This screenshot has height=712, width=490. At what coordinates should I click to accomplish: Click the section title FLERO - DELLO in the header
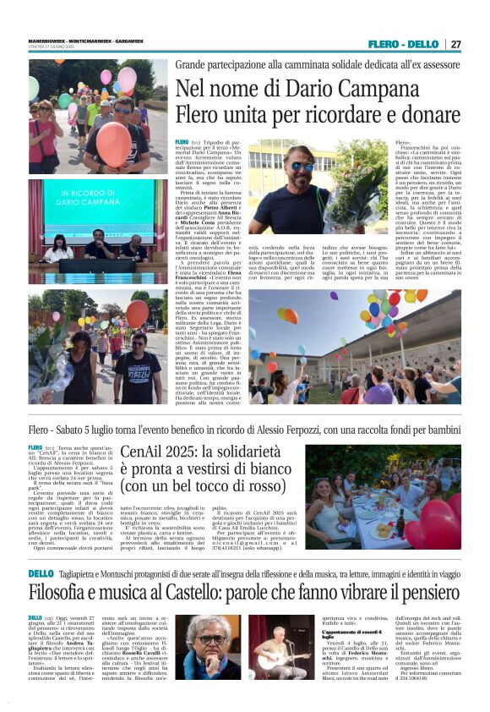click(x=403, y=44)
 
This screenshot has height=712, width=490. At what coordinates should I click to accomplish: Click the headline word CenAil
click(x=144, y=453)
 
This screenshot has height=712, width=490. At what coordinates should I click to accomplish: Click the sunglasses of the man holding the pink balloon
click(x=123, y=109)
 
